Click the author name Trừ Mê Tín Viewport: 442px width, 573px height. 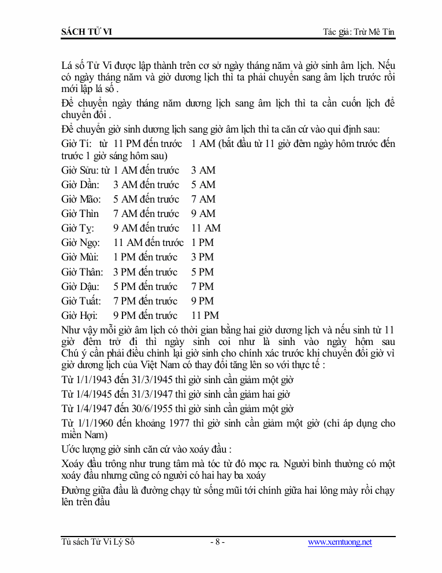click(374, 31)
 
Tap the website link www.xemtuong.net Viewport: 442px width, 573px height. click(340, 542)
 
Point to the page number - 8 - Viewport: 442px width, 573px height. click(217, 542)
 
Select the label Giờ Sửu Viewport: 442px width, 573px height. click(80, 170)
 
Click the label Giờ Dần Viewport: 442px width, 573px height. click(80, 185)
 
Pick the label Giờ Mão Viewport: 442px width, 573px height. click(80, 199)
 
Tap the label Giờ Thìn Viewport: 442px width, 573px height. click(80, 214)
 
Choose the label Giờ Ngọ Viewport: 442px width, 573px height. click(80, 243)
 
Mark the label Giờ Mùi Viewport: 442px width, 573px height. click(80, 258)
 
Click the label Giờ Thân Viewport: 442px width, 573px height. click(82, 272)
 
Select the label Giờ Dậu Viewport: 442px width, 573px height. click(80, 286)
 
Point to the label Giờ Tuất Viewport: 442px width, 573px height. click(81, 301)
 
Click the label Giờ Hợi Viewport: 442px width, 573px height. click(79, 315)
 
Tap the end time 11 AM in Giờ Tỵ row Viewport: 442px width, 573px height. click(206, 228)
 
